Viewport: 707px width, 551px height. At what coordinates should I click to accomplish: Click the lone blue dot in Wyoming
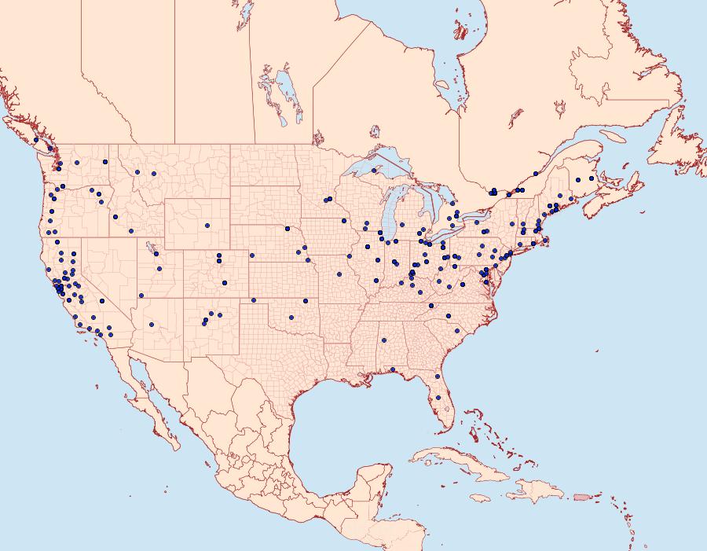click(x=207, y=226)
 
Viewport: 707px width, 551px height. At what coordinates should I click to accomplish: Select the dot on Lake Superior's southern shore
click(x=374, y=170)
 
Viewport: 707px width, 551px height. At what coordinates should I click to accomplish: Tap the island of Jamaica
click(x=481, y=498)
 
